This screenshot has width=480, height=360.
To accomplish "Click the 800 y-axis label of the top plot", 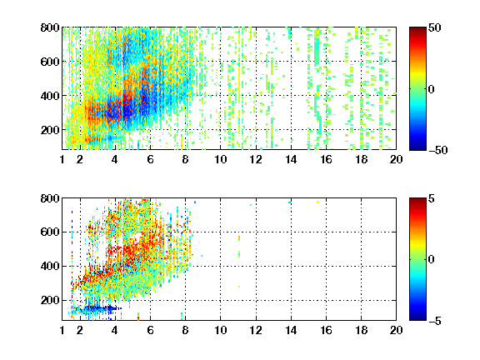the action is [50, 27].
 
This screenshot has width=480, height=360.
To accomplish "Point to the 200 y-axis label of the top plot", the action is [50, 130].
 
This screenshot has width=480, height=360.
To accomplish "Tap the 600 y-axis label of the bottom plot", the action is [50, 232].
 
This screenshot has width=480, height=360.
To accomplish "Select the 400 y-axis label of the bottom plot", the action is [50, 266].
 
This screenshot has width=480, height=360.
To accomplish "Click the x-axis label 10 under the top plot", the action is [220, 159].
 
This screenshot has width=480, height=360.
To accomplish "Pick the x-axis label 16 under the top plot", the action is [327, 159].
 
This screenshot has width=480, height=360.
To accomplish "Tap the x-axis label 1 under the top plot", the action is [62, 159].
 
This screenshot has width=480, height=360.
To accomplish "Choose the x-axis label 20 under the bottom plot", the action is [396, 330].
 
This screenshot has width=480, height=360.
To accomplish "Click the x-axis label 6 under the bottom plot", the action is [150, 330].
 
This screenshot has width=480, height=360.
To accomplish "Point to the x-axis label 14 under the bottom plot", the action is [291, 330].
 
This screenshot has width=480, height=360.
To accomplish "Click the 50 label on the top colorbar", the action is [434, 27].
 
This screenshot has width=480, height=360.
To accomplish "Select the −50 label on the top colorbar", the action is [437, 150].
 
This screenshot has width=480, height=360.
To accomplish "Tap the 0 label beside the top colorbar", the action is [431, 89].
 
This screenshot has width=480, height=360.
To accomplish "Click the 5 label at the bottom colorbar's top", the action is [432, 198].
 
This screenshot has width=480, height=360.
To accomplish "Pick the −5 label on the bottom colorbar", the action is [435, 321].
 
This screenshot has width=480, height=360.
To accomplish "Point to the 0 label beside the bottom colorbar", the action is [431, 260].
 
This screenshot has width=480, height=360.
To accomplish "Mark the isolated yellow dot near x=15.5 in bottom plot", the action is [317, 202].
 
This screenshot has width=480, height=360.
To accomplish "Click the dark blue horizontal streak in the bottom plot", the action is [97, 308].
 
